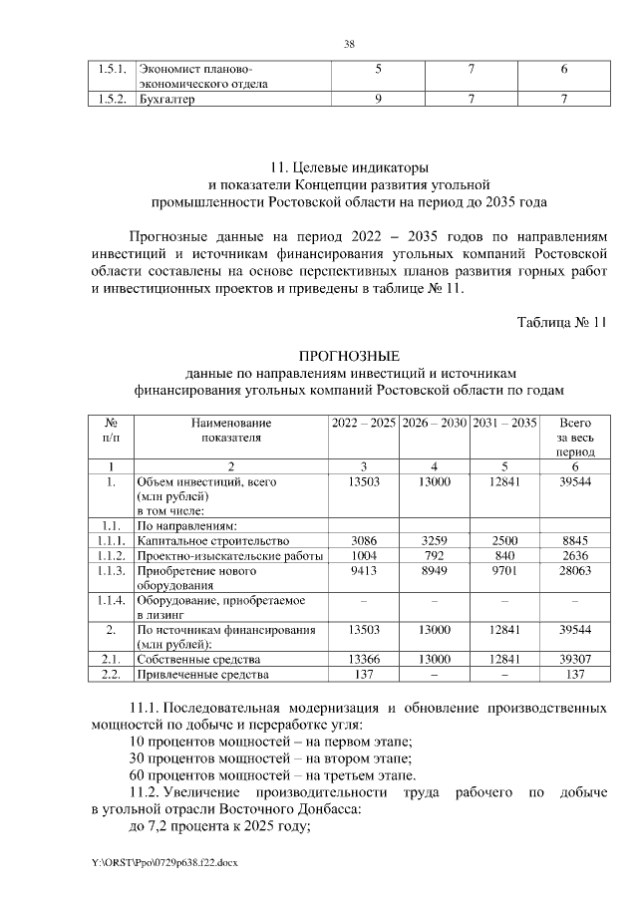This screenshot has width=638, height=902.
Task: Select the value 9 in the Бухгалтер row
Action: tap(378, 100)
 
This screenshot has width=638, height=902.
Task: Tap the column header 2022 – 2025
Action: tap(364, 423)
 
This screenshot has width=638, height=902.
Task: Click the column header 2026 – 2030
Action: tap(434, 423)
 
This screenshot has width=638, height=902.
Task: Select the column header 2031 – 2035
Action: tap(503, 423)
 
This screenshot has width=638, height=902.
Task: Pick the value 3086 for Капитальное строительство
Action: tap(364, 540)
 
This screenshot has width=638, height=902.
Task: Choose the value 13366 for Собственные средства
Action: tap(364, 660)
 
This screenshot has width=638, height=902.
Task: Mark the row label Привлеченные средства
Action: tap(203, 676)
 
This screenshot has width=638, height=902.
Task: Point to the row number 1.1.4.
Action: tap(112, 601)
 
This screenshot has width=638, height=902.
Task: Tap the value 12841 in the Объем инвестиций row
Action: tap(503, 481)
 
